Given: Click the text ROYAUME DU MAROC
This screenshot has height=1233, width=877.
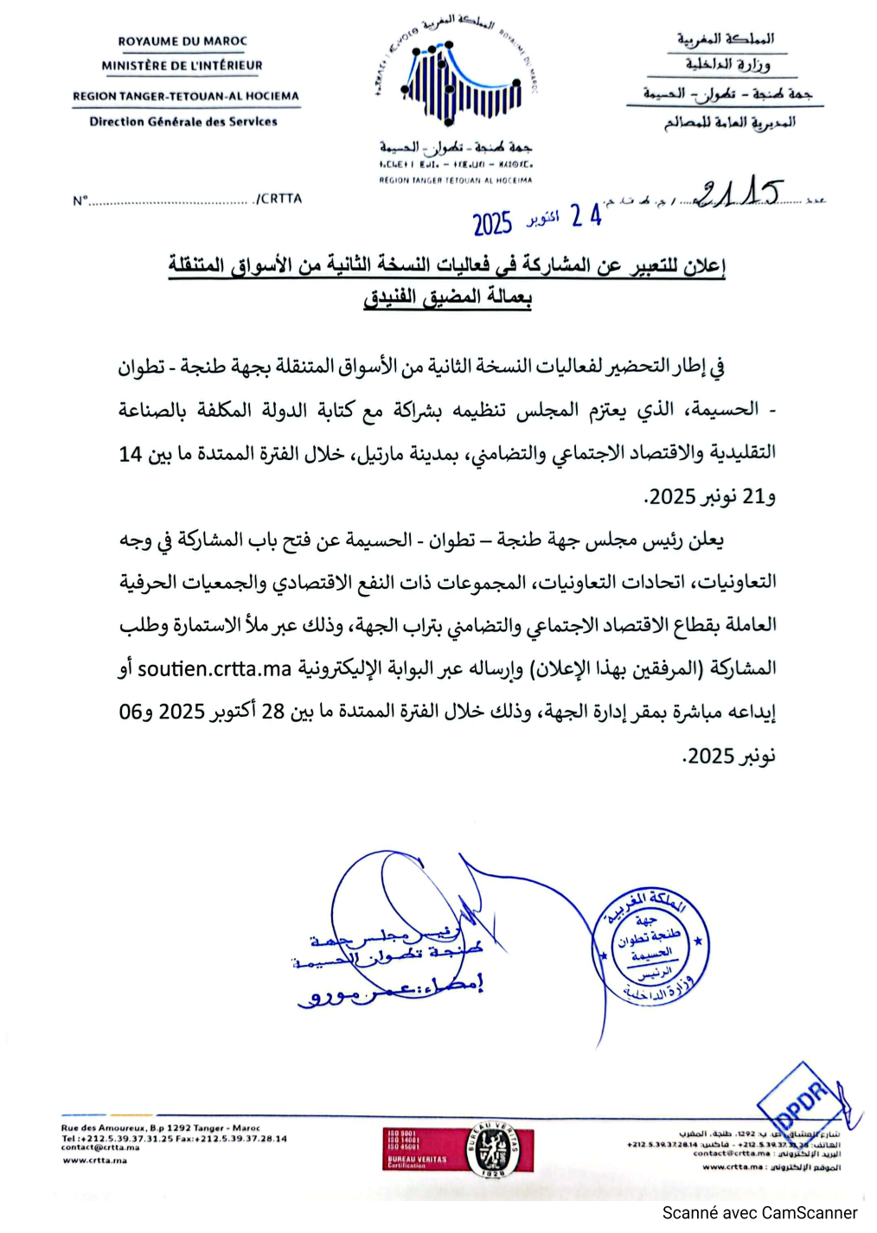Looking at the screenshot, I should [182, 41].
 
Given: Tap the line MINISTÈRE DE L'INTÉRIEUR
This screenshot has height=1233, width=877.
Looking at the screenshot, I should [182, 65].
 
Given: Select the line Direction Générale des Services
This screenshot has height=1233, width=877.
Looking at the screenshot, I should [183, 122].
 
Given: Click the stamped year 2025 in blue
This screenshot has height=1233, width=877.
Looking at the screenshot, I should [492, 224].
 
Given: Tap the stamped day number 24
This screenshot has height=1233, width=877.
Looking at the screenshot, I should [586, 216].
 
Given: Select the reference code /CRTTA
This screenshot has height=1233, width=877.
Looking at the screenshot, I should [278, 199].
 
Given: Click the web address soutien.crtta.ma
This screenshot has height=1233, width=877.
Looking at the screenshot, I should [214, 668].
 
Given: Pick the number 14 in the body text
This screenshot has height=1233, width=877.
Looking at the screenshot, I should [131, 454].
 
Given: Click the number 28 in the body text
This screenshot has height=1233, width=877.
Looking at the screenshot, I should [273, 712].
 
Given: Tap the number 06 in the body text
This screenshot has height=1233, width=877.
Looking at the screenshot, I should [130, 712].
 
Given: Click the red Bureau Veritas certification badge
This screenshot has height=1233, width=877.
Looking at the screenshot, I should [458, 1149].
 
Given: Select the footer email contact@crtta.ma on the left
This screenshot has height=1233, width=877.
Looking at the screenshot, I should [99, 1147].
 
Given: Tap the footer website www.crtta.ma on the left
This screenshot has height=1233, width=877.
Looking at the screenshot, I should [94, 1160].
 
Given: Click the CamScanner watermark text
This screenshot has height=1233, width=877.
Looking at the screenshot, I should [759, 1213].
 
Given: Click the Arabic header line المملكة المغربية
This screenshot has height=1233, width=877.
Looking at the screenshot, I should [726, 39].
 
